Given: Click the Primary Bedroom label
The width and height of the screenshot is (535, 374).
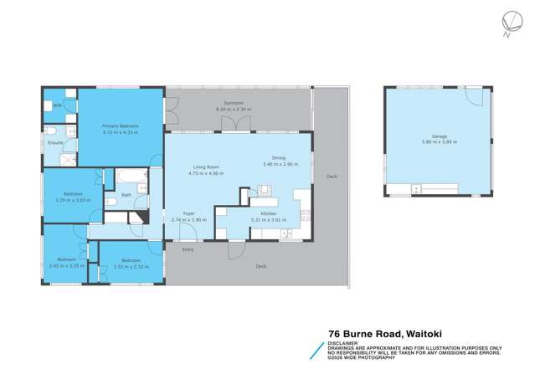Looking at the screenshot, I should click(x=121, y=126).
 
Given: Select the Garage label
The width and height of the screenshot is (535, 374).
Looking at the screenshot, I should click(x=440, y=136).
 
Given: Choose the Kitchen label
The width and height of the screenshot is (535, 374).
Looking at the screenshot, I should click(x=269, y=214).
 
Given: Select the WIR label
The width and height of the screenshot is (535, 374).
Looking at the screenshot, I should click(x=57, y=105).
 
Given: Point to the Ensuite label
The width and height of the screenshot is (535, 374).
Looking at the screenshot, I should click(x=54, y=143).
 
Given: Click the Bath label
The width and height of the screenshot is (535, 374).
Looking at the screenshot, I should click(x=126, y=195).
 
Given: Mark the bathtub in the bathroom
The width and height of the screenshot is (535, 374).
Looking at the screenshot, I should click(x=131, y=177).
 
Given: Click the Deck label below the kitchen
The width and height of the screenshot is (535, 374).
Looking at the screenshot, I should click(x=260, y=265).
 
